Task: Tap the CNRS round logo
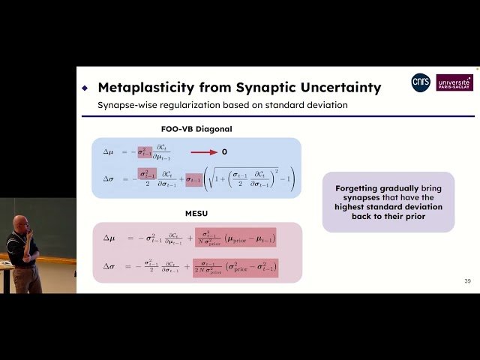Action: click(x=421, y=82)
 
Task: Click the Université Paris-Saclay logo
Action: click(x=454, y=82)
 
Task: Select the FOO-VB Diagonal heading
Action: click(x=196, y=129)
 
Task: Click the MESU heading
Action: click(x=196, y=213)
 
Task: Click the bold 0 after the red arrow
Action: click(x=224, y=152)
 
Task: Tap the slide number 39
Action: click(x=467, y=281)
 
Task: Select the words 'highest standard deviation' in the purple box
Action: click(x=388, y=206)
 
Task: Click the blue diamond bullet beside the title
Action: click(x=85, y=88)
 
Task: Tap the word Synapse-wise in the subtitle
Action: click(x=124, y=105)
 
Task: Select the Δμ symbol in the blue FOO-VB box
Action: click(x=108, y=151)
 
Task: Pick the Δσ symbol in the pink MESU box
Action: click(x=108, y=266)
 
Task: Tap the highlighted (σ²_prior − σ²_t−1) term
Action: click(x=247, y=266)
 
